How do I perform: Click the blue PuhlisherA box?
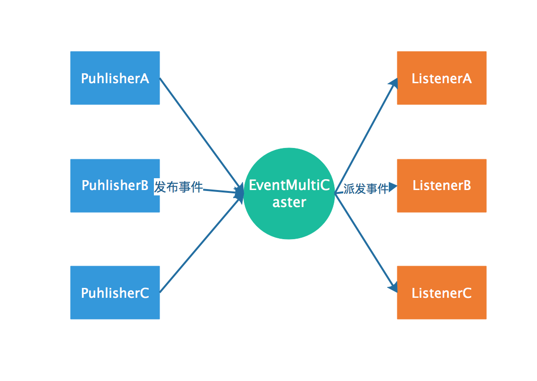pos(115,78)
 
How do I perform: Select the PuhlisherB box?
pos(115,186)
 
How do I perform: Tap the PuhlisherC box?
pos(115,293)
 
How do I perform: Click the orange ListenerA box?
pos(442,78)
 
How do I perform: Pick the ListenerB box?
pos(442,186)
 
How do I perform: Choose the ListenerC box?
pos(442,293)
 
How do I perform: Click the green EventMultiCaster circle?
pos(289,194)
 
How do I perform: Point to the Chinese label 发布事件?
pos(179,187)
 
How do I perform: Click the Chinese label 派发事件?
pos(366,189)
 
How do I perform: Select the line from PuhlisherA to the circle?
pos(200,133)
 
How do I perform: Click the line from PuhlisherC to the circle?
pos(200,245)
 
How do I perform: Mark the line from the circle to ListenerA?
pos(366,136)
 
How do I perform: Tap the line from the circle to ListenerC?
pos(366,243)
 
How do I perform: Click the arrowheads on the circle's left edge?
pos(239,193)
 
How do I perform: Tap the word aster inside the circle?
pos(289,202)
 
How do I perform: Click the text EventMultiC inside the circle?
pos(289,185)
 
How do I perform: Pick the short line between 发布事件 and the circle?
pos(219,191)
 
